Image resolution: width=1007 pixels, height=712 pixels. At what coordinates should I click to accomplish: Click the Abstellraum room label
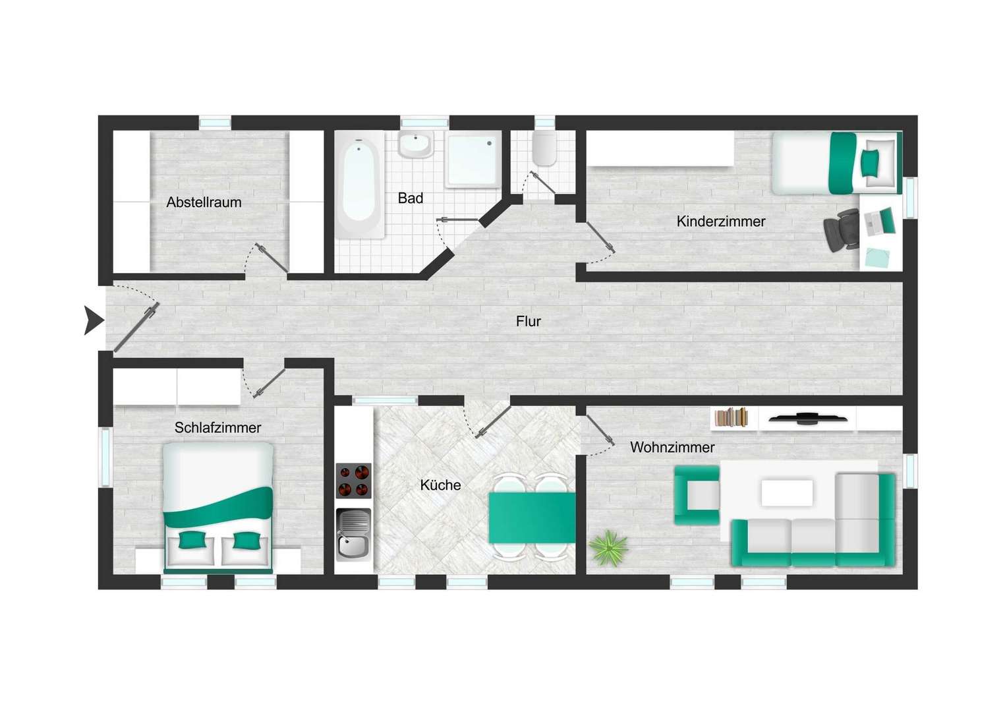tap(204, 202)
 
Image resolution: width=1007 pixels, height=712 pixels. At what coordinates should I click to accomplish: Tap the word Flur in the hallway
tap(528, 322)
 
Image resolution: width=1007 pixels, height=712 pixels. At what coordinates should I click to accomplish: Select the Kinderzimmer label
tap(720, 222)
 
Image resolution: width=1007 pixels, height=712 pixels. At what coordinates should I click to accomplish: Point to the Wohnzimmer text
tap(672, 448)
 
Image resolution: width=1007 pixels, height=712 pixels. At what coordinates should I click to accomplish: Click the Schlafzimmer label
tap(217, 428)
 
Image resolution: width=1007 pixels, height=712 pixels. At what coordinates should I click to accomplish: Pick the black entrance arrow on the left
tap(94, 320)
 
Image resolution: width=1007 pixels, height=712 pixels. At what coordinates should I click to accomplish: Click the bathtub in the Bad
tap(359, 183)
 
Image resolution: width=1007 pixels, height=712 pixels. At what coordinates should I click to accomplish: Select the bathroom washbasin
tap(415, 144)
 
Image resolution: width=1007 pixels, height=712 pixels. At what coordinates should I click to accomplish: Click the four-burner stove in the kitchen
tap(353, 481)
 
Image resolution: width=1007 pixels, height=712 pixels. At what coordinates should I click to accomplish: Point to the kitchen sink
tap(353, 535)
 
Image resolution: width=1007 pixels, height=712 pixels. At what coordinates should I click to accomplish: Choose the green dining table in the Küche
tap(531, 518)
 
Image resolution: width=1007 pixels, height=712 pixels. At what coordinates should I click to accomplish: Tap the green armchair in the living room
tap(696, 495)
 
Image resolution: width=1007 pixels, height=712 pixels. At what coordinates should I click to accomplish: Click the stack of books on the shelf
tap(732, 417)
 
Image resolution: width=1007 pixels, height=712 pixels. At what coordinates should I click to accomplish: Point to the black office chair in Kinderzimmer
tap(841, 230)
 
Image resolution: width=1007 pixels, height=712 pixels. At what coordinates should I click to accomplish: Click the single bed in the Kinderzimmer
tap(836, 163)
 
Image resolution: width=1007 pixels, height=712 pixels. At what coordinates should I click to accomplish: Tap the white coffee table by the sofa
tap(786, 492)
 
